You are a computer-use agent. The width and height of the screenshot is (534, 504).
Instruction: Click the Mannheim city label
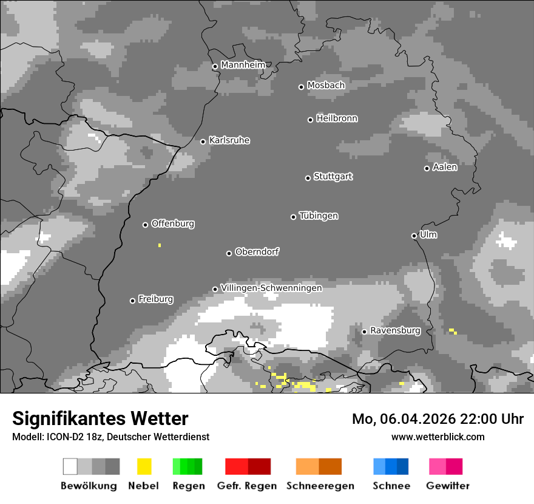(243, 65)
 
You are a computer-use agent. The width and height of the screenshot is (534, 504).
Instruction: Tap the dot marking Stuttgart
(308, 178)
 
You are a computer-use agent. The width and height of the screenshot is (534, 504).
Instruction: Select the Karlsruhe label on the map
(229, 140)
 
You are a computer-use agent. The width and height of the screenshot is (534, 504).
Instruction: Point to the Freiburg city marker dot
(132, 301)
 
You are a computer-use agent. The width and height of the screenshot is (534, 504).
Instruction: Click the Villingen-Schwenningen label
(271, 288)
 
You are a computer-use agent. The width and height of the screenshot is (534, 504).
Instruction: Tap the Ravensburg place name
(395, 331)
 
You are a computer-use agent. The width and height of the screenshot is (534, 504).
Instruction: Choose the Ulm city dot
(414, 236)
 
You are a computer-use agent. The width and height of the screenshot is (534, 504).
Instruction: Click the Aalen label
(445, 167)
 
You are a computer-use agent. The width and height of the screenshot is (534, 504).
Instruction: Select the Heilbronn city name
(337, 118)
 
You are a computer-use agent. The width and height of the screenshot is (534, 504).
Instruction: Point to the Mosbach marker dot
(301, 87)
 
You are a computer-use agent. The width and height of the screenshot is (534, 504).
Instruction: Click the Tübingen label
(319, 216)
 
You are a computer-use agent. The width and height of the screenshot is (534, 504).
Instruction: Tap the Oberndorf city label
(257, 252)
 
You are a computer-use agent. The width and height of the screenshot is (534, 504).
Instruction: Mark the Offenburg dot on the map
(145, 225)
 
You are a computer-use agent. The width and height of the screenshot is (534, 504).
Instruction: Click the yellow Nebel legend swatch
(144, 466)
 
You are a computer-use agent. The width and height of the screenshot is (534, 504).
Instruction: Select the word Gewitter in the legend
(447, 486)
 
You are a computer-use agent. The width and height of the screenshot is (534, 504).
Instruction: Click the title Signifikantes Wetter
(100, 418)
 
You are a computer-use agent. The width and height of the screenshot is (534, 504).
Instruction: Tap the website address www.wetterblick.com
(438, 437)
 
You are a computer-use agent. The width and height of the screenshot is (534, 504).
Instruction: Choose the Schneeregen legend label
(320, 486)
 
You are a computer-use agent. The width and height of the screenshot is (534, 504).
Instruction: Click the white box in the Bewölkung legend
(70, 466)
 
